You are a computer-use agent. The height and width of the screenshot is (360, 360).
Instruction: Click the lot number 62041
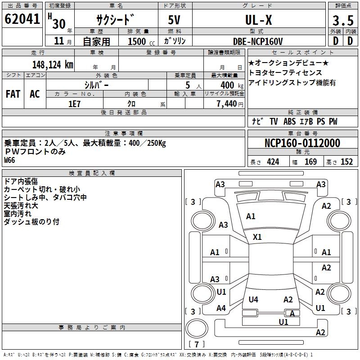pyautogui.click(x=22, y=20)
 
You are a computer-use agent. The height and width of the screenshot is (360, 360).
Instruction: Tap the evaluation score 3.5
pyautogui.click(x=342, y=21)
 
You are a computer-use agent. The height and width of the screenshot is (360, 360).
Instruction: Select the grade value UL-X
pyautogui.click(x=258, y=20)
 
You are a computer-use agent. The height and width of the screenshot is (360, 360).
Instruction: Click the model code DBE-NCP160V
pyautogui.click(x=258, y=41)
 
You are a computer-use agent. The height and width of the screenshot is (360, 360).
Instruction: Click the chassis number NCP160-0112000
pyautogui.click(x=302, y=143)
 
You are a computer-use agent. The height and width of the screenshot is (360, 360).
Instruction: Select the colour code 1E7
pyautogui.click(x=74, y=103)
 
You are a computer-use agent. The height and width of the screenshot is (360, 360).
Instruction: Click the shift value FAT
pyautogui.click(x=13, y=94)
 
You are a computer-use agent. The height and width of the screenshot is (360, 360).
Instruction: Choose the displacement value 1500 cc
pyautogui.click(x=140, y=41)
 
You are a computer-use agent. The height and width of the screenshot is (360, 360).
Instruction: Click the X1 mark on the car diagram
pyautogui.click(x=257, y=237)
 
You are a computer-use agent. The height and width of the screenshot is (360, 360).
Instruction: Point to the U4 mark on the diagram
pyautogui.click(x=253, y=299)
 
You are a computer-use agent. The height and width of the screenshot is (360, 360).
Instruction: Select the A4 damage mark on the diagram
pyautogui.click(x=221, y=308)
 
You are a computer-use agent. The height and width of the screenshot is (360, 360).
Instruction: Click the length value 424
pyautogui.click(x=273, y=162)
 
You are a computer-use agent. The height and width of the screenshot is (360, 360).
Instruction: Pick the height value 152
pyautogui.click(x=346, y=162)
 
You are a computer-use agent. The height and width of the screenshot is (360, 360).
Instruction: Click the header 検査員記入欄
pyautogui.click(x=92, y=173)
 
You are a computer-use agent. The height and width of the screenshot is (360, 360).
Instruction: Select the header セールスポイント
pyautogui.click(x=302, y=53)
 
